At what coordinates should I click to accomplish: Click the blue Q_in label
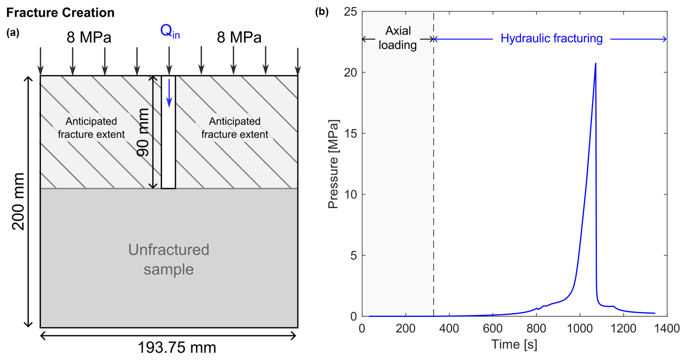(x=169, y=32)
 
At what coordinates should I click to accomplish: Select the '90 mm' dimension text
(x=144, y=132)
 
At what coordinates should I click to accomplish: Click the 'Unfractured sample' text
(x=169, y=259)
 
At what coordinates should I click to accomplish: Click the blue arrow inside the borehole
(x=169, y=93)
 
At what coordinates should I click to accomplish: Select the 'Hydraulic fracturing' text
(x=552, y=39)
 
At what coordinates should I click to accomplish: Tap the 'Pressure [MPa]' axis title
(x=334, y=164)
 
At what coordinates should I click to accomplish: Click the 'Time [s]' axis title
(x=514, y=345)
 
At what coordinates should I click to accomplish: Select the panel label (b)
(x=321, y=12)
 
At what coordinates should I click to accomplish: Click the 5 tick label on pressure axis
(x=353, y=255)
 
